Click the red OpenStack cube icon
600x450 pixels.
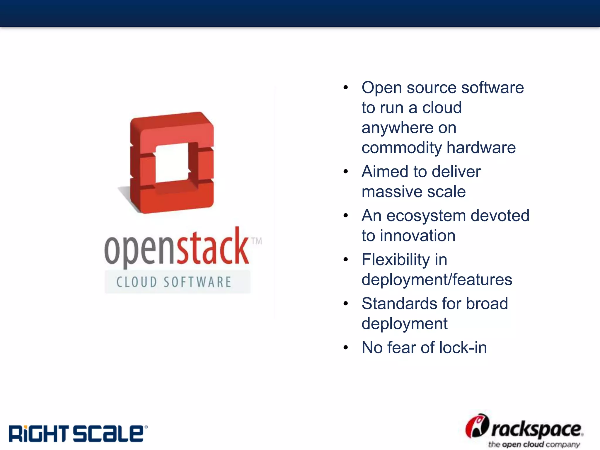click(x=172, y=163)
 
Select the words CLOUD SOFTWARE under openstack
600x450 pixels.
click(x=174, y=282)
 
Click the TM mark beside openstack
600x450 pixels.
click(x=257, y=241)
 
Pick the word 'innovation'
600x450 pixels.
click(x=417, y=236)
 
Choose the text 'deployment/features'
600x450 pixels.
click(x=437, y=280)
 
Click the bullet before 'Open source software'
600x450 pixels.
click(x=346, y=88)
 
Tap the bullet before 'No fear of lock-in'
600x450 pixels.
click(x=346, y=348)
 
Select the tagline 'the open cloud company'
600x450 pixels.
click(x=534, y=444)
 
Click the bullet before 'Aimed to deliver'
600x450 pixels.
click(x=346, y=172)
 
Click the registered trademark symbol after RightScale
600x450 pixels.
click(x=146, y=427)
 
